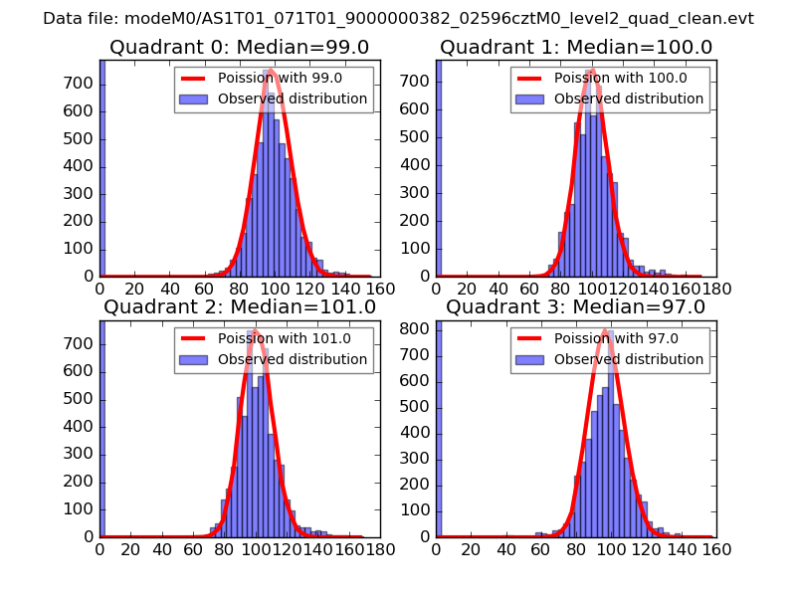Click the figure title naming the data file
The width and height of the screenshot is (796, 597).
click(x=398, y=18)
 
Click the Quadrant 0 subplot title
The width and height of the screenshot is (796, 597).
click(x=239, y=47)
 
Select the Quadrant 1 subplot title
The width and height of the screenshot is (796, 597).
click(x=575, y=47)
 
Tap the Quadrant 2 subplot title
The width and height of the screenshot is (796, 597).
click(x=239, y=306)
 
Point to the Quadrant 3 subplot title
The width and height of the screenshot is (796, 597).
click(x=575, y=306)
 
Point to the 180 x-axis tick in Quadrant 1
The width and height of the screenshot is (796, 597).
click(x=717, y=289)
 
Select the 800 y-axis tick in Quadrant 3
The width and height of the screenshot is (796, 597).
click(x=419, y=328)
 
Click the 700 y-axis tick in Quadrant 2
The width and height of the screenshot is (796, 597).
click(x=83, y=343)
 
